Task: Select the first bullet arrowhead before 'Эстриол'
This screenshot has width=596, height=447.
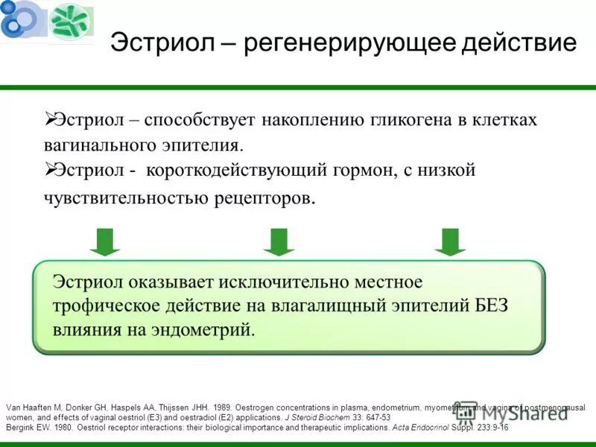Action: tap(50, 118)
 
